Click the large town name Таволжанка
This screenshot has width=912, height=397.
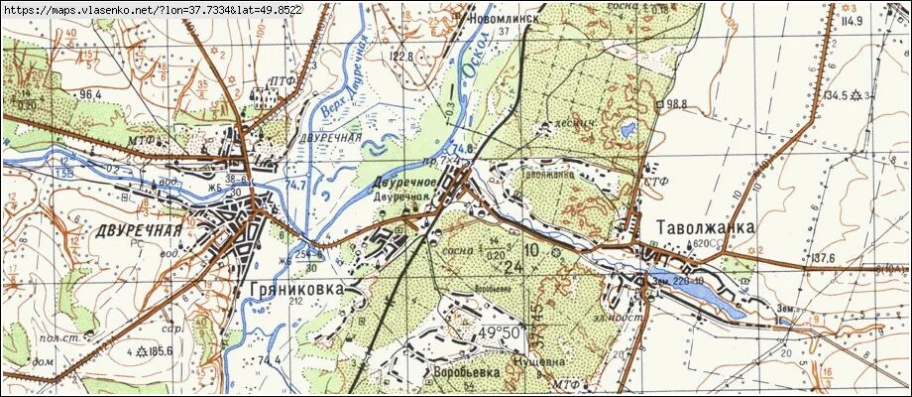(x=705, y=227)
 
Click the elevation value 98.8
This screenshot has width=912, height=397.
(x=677, y=103)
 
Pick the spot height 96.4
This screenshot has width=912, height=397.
(x=91, y=94)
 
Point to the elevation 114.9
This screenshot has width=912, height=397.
(x=849, y=20)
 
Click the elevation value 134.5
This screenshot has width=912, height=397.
(x=836, y=95)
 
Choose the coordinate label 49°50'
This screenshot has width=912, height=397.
(x=501, y=331)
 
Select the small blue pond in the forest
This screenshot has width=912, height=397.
(x=627, y=129)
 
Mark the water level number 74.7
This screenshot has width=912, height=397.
(x=293, y=186)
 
